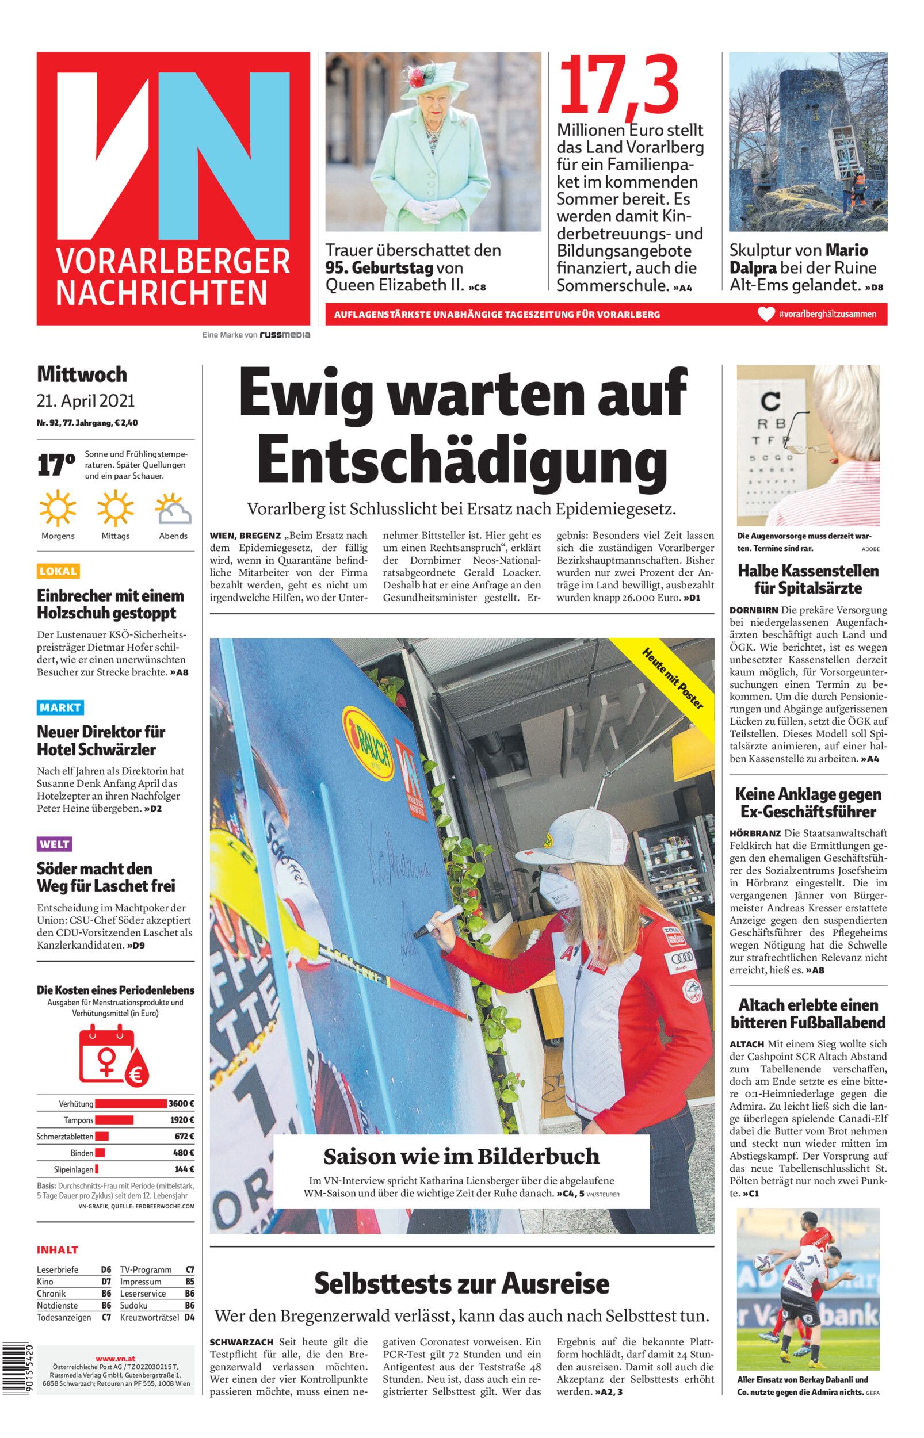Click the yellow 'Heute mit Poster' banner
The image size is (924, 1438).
pos(673,678)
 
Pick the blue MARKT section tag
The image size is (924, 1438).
pos(60,707)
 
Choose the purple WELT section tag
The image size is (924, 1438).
pos(55,844)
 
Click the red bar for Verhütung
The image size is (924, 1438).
pos(131,1103)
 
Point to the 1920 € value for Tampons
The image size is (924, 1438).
pos(181,1119)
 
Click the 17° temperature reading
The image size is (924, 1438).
pos(56,465)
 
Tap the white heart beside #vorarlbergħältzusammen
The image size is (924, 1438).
pos(766,313)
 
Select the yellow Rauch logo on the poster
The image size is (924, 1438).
pos(366,736)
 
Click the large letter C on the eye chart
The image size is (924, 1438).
pos(770,400)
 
